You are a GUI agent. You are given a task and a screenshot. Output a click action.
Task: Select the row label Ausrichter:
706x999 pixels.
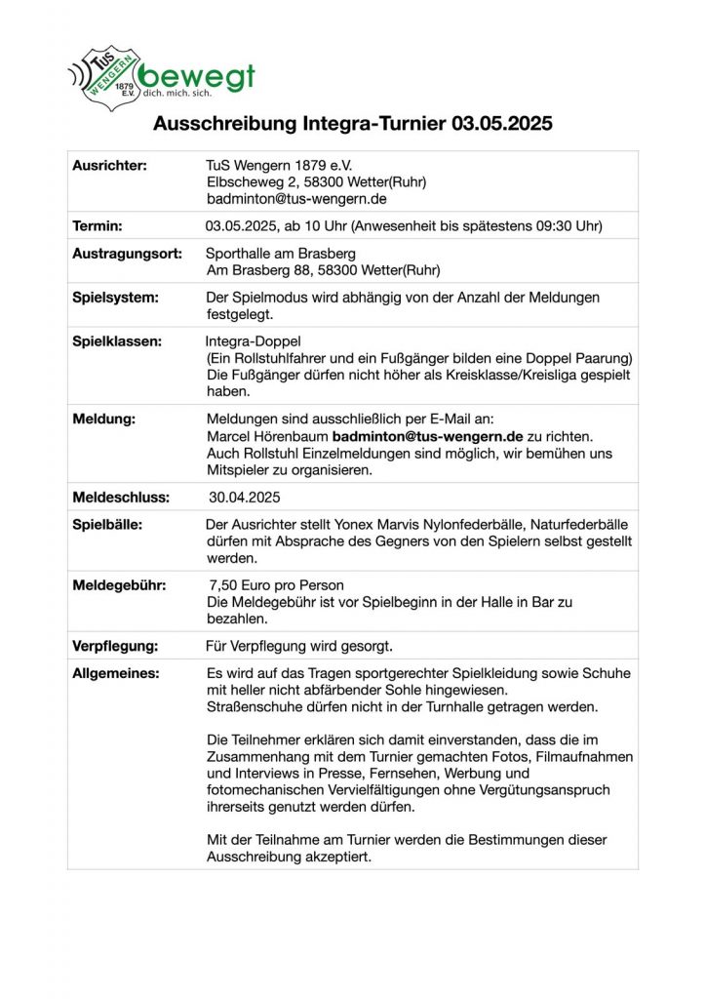[x=109, y=166]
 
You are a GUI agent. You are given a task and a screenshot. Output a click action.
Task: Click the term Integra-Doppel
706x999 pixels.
[x=254, y=341]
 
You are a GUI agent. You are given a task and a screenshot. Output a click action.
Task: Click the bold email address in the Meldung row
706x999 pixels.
[x=428, y=436]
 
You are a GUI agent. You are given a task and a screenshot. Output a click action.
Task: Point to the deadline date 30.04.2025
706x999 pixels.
[x=244, y=498]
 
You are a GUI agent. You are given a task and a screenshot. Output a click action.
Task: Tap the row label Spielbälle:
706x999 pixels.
[x=107, y=525]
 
